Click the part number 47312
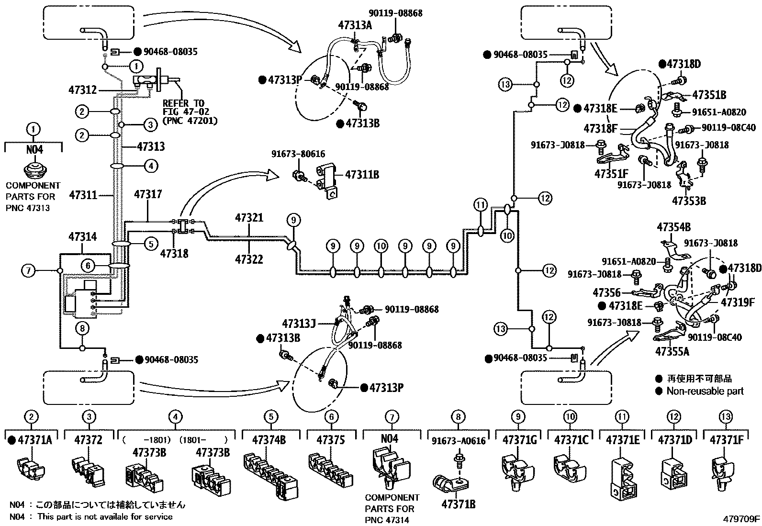(82, 90)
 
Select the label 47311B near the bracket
(362, 175)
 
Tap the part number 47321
(249, 218)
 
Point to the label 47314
(82, 236)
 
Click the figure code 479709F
(741, 518)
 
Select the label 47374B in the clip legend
(271, 440)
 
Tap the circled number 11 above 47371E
(622, 417)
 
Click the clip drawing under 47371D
(673, 474)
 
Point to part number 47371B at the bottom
(458, 504)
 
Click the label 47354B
(673, 227)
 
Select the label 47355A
(672, 351)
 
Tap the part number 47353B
(689, 201)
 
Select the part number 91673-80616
(298, 154)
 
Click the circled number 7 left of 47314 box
(28, 271)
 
